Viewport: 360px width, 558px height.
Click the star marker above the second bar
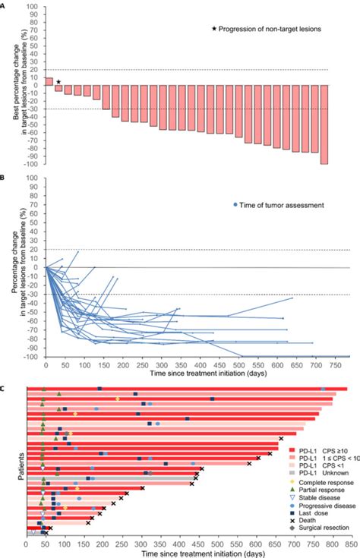(x=58, y=81)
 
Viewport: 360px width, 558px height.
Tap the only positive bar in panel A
(x=49, y=81)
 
